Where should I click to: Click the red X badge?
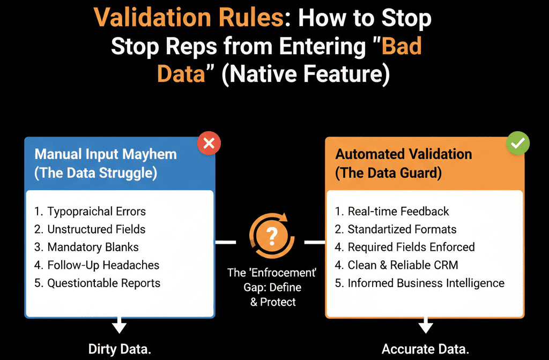(209, 143)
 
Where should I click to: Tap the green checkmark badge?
(518, 143)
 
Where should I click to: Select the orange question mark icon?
(272, 236)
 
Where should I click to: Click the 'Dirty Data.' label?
(120, 349)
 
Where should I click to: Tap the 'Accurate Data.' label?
(425, 349)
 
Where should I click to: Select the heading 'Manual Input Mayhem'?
(106, 154)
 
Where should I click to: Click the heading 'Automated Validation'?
(404, 154)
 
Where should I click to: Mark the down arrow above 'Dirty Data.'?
(120, 325)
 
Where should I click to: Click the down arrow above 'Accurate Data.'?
(426, 325)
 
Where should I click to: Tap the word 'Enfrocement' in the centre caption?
(284, 273)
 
